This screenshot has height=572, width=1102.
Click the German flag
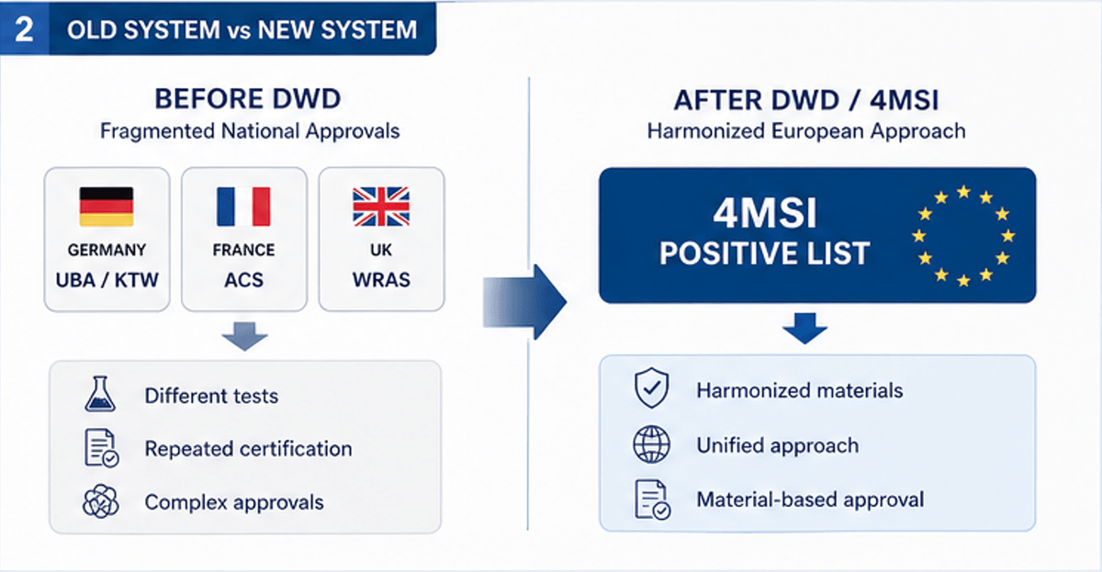107,207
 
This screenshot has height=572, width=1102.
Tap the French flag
243,207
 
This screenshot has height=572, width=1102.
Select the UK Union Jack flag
379,207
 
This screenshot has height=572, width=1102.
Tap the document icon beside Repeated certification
99,449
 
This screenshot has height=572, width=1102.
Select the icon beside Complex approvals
98,502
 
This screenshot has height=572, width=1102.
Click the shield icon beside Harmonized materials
647,390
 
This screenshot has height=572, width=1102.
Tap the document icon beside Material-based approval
651,500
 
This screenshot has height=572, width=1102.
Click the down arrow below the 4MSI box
805,327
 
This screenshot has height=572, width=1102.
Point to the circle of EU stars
961,236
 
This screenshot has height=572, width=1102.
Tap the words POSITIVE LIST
764,252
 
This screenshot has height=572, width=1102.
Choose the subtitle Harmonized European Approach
805,131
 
